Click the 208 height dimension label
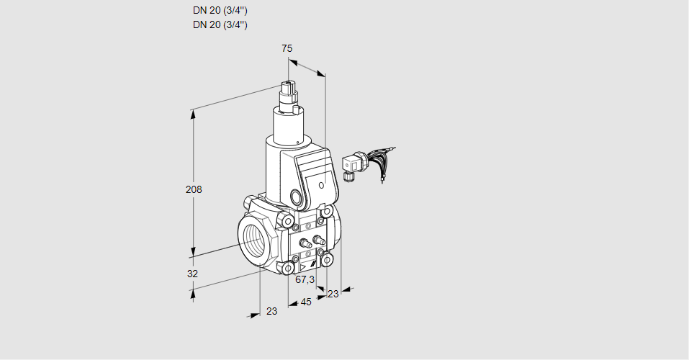point(193,189)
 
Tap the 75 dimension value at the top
point(287,48)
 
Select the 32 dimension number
point(192,274)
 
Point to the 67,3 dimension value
point(305,279)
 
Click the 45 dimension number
point(306,302)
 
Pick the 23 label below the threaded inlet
point(271,311)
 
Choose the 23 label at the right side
point(333,293)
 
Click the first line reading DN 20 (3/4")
point(220,11)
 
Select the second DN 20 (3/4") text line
point(220,24)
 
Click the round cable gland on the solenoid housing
point(296,197)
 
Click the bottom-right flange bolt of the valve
point(327,259)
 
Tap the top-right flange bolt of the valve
point(327,212)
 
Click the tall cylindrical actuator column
point(291,125)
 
